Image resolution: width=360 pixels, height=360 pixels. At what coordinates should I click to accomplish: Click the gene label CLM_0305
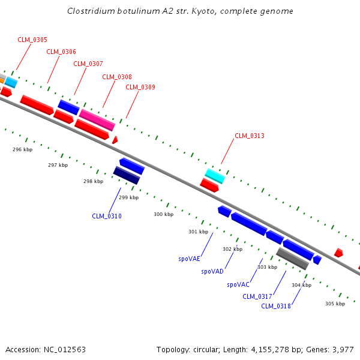[32, 40]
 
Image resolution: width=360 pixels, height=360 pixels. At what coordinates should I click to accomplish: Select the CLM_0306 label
[61, 52]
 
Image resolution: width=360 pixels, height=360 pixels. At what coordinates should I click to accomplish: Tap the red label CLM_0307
[88, 64]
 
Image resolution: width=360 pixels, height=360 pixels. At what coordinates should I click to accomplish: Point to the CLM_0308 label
[117, 77]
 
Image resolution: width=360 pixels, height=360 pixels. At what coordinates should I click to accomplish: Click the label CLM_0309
[140, 87]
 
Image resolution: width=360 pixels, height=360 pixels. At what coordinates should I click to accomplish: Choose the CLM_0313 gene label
[250, 136]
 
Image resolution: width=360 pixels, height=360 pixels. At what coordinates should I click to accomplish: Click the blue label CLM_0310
[107, 216]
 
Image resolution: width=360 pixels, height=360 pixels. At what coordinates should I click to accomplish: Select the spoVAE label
[189, 259]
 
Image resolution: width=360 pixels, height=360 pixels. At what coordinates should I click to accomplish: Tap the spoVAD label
[212, 271]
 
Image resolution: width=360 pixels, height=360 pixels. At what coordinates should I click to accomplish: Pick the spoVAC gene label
[238, 284]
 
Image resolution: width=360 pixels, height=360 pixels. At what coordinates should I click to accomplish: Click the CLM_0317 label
[257, 296]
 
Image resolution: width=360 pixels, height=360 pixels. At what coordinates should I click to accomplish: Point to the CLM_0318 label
[276, 306]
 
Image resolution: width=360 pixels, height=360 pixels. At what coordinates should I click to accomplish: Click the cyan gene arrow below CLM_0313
[215, 176]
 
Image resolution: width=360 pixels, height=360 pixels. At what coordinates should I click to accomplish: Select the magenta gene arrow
[97, 119]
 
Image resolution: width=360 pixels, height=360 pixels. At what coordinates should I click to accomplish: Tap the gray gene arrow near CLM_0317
[292, 259]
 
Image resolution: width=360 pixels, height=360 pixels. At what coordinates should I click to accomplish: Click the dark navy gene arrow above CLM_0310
[127, 175]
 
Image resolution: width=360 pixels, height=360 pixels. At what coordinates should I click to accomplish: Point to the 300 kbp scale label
[163, 214]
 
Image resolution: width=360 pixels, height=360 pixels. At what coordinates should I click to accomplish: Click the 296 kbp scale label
[23, 149]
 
